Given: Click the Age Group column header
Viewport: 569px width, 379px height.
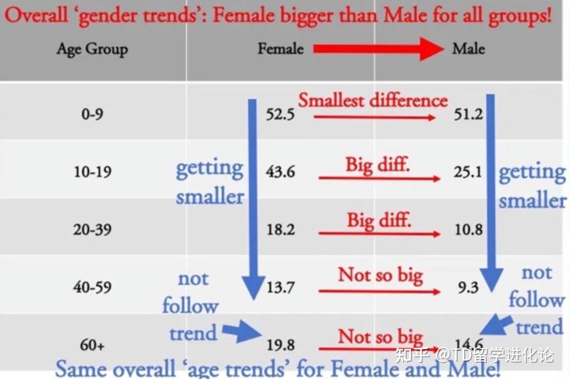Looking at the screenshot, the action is coord(92,50).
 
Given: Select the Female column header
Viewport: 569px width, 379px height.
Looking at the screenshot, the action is coord(280,48).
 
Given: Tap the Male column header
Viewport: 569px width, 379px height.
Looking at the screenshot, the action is coord(468,48).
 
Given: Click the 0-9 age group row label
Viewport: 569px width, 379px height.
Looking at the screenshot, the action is coord(92,114).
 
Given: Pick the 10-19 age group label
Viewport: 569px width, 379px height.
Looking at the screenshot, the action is coord(93,171).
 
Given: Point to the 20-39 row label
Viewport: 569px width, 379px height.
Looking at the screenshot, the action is coord(92,229).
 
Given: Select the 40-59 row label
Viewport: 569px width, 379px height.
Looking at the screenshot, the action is coord(92,287).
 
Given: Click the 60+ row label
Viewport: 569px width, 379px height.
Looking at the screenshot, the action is coord(92,345).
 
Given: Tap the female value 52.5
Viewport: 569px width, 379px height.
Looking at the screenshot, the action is coord(280,114).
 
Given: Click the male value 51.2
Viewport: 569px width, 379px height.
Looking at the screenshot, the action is coord(468,114).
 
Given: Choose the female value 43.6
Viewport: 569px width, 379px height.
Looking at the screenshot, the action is coord(280,171).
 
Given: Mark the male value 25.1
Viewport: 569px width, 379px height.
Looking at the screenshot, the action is coord(468,171).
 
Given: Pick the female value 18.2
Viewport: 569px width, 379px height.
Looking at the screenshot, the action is coord(280,229).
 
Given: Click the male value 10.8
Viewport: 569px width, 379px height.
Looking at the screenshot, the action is coord(468,229).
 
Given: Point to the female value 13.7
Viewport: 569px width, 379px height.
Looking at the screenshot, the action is coord(280,287).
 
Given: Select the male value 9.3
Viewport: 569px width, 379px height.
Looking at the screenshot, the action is coord(468,287).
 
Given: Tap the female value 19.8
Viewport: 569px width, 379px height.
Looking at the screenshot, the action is coord(280,345).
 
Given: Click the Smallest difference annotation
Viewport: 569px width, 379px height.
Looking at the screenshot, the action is coord(373,100).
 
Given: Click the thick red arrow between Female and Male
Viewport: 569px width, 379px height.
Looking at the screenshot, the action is coord(378,48).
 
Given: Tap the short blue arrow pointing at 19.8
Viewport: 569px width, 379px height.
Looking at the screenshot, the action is coord(242,332).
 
